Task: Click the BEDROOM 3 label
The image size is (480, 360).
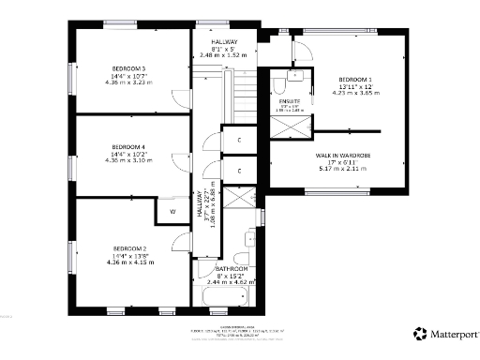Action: click(x=129, y=68)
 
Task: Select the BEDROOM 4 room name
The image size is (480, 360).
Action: click(x=129, y=147)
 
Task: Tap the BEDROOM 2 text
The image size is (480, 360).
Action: click(x=129, y=247)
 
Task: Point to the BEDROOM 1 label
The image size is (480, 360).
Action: click(x=354, y=79)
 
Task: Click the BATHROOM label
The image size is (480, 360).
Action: click(x=232, y=268)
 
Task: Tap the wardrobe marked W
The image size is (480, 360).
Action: click(x=172, y=212)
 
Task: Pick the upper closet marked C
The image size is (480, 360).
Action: click(x=240, y=141)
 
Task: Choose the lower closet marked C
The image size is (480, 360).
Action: click(x=240, y=171)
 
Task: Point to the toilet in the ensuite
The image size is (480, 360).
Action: click(x=280, y=86)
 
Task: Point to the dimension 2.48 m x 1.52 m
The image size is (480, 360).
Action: click(x=224, y=56)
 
